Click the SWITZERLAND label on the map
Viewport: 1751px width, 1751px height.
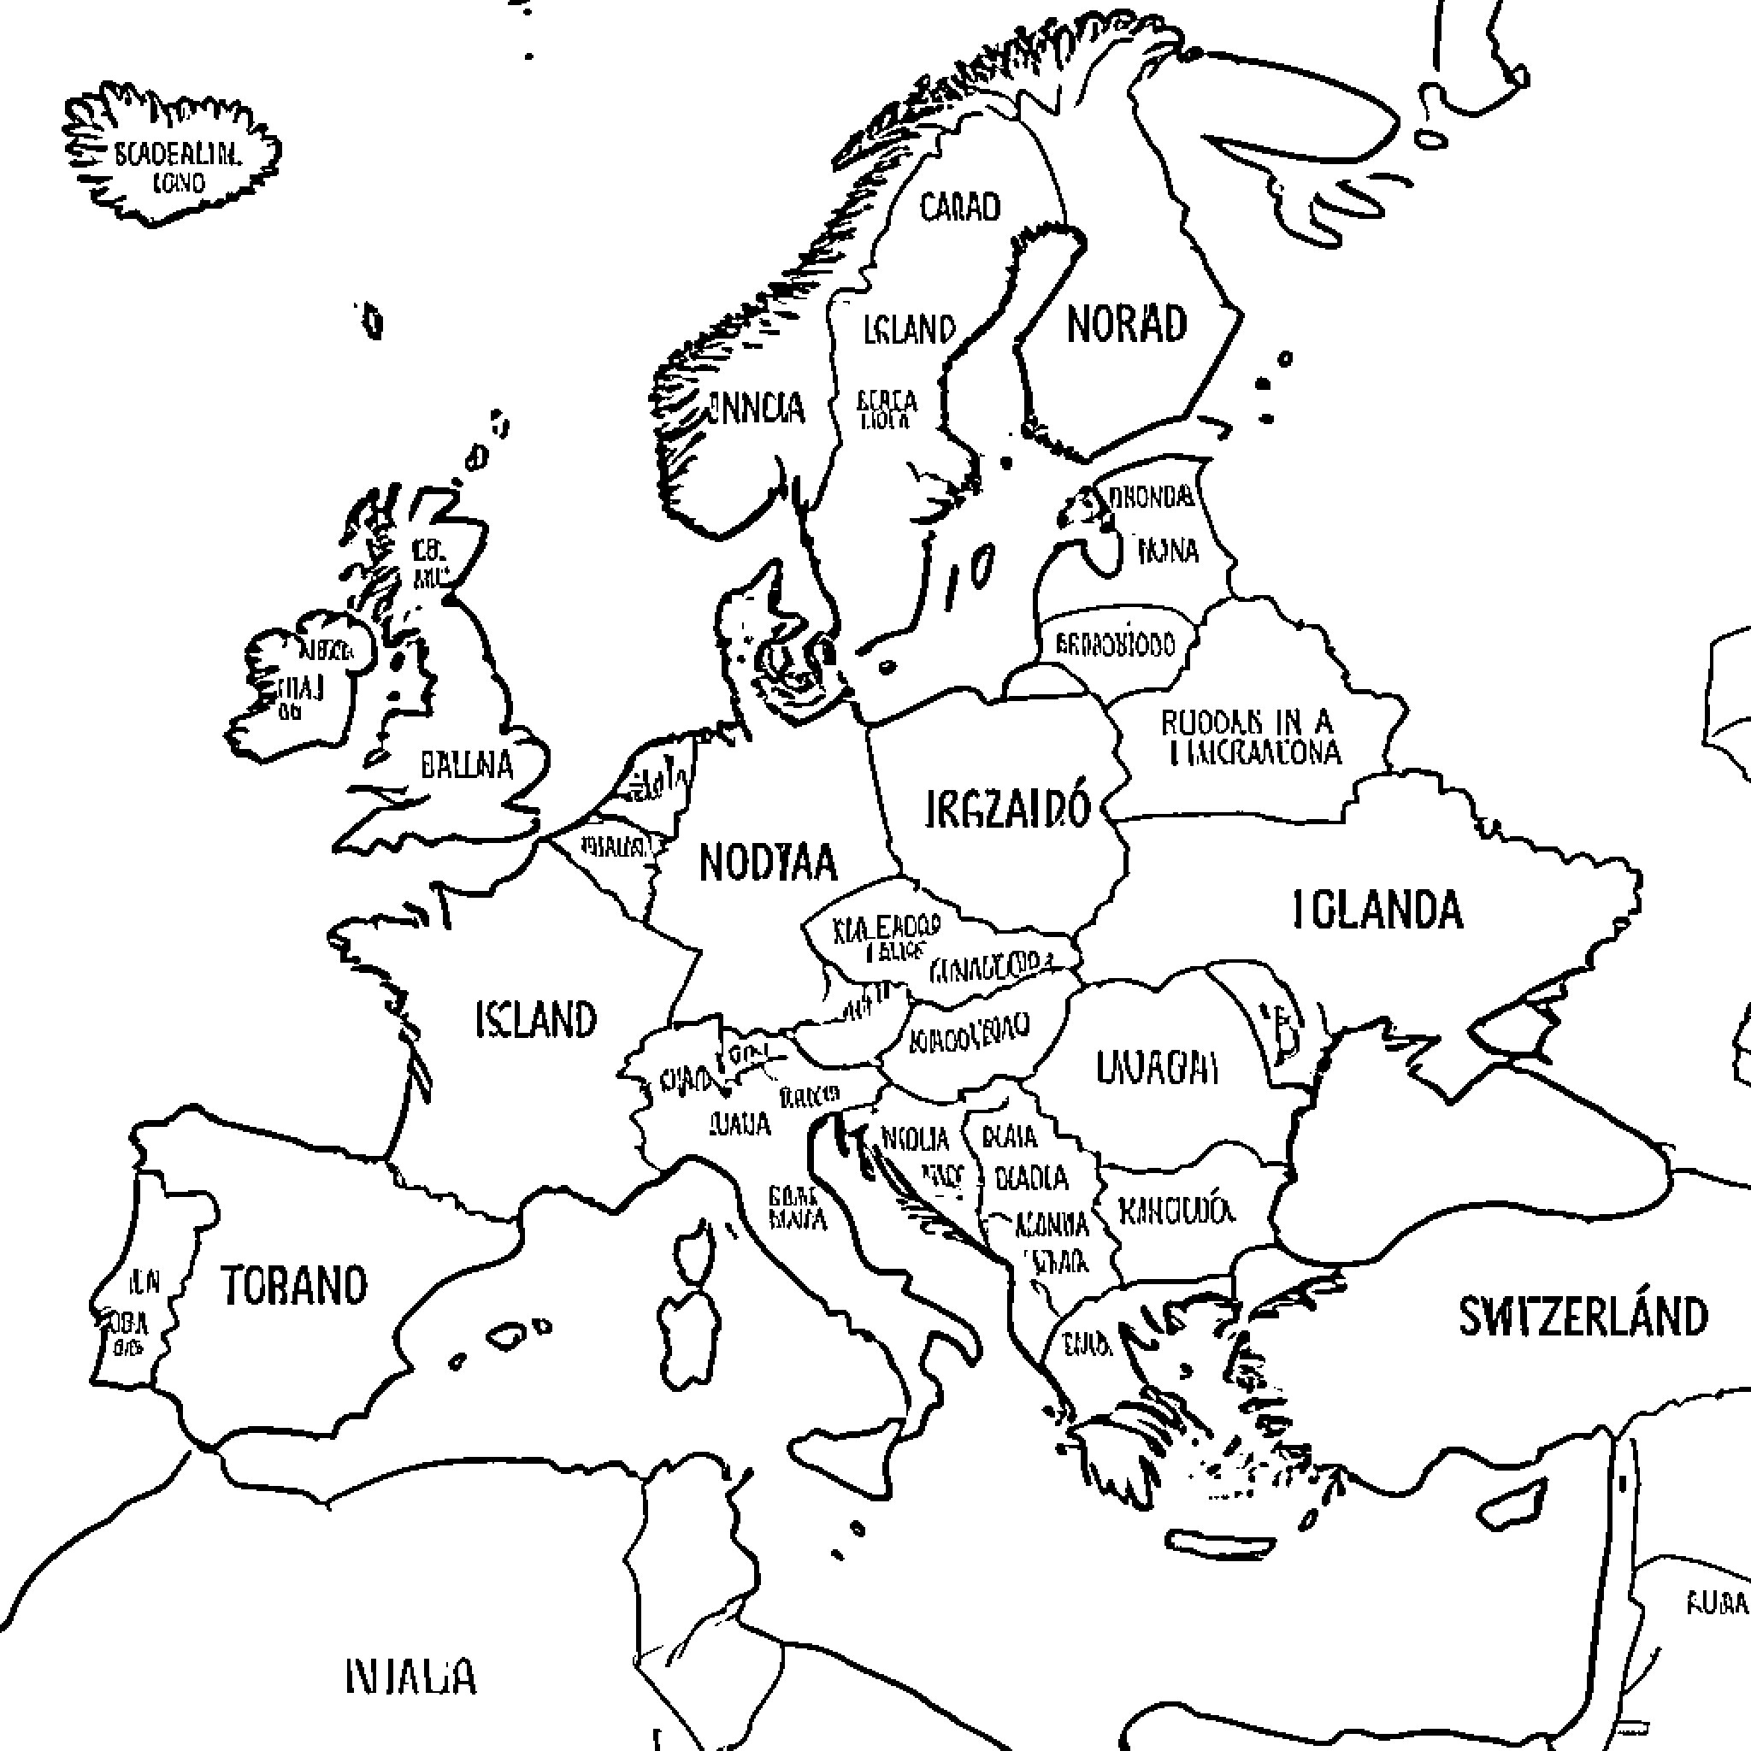click(1583, 1317)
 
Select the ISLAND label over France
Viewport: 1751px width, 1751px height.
click(535, 1020)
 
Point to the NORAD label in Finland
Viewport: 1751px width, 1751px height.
click(1127, 323)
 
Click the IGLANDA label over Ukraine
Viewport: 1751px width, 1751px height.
click(1377, 910)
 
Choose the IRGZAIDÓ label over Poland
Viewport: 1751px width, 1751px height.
click(1007, 809)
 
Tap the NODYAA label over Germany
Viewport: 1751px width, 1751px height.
click(769, 862)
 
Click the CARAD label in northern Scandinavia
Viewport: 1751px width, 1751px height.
click(961, 208)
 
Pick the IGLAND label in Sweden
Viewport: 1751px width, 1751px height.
click(909, 330)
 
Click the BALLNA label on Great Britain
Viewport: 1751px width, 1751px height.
click(467, 765)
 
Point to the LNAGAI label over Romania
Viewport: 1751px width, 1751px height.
click(1157, 1067)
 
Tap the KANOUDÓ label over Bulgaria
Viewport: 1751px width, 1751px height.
click(1176, 1211)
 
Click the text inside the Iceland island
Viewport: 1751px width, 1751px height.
click(178, 168)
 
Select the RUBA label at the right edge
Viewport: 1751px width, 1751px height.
click(1716, 1602)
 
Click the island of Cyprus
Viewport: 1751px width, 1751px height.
click(1511, 1505)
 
